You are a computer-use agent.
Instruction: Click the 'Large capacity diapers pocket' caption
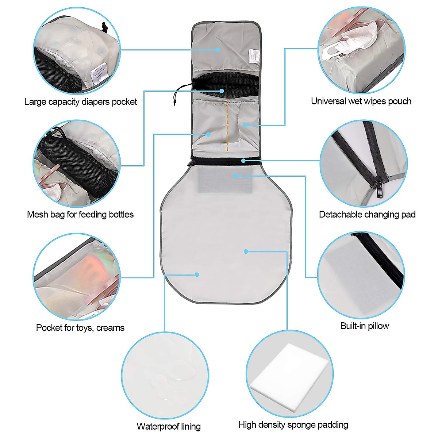pos(80,102)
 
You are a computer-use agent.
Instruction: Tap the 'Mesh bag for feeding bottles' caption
pos(80,215)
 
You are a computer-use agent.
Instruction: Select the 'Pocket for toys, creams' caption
pos(80,328)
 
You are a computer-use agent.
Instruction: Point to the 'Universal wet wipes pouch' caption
pos(361,101)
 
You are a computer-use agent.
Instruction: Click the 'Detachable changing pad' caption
pos(367,215)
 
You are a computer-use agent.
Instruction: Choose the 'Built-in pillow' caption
pos(365,326)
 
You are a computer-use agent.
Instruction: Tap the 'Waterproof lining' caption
pos(169,426)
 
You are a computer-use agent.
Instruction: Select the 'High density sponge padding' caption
pos(293,425)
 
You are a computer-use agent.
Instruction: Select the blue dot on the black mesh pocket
pos(222,91)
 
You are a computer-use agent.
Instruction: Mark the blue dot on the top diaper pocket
pos(218,49)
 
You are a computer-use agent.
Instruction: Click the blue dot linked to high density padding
pos(246,251)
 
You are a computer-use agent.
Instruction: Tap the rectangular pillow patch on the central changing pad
pos(225,181)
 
